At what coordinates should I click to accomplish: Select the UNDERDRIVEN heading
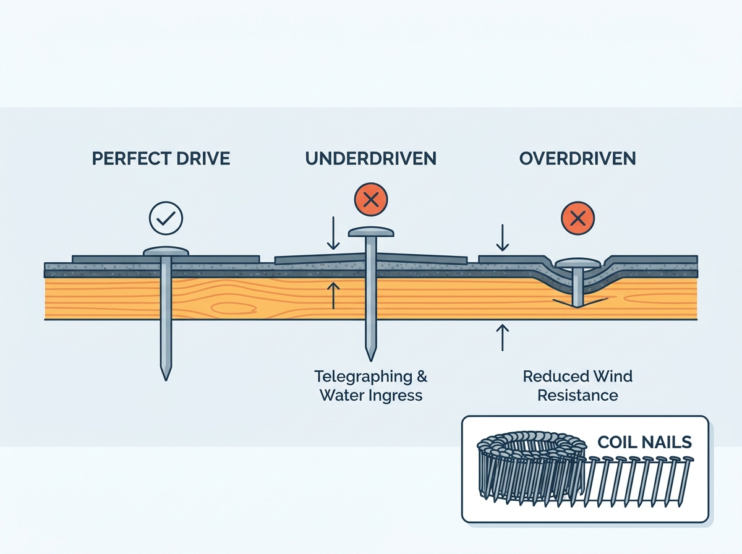371,158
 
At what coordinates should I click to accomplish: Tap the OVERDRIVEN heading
578,158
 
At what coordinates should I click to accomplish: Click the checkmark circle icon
166,218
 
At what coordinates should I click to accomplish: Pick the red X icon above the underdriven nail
371,200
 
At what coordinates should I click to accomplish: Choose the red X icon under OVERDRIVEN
578,218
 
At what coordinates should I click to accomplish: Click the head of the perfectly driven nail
166,252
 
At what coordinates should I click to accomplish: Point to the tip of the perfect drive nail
166,380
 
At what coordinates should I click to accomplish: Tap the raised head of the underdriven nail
371,231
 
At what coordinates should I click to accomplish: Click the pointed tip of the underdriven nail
371,360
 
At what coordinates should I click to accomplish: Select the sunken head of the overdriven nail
578,263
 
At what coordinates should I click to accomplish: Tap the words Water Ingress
371,395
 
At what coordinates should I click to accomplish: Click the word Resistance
578,395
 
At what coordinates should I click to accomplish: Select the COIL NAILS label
645,442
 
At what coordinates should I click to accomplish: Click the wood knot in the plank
233,308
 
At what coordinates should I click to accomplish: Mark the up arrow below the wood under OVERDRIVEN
502,338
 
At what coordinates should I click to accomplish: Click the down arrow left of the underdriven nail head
333,233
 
